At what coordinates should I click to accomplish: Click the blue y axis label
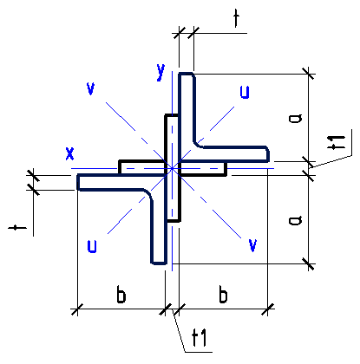click(160, 72)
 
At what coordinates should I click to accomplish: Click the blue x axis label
click(69, 153)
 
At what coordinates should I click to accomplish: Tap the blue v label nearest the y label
click(91, 88)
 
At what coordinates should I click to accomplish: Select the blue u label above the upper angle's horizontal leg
click(245, 93)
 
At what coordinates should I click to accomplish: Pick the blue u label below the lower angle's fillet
click(92, 246)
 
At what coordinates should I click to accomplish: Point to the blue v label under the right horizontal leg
click(252, 245)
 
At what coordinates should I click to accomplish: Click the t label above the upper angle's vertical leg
click(237, 18)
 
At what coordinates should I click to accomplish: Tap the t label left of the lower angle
click(17, 228)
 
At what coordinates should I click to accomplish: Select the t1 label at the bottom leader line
click(200, 338)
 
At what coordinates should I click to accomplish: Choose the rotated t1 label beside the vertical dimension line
click(337, 143)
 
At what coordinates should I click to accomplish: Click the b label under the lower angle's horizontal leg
click(121, 294)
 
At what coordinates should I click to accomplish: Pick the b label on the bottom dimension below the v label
click(223, 294)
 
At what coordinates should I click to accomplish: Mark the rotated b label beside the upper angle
click(295, 118)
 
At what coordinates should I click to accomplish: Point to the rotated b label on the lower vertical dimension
click(295, 220)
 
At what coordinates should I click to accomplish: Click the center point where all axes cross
click(172, 168)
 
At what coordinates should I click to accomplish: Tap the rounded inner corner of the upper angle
click(198, 144)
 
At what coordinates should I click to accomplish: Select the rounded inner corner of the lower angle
click(147, 193)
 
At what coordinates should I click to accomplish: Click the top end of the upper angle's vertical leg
click(187, 74)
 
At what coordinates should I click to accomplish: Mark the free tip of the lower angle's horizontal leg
click(78, 182)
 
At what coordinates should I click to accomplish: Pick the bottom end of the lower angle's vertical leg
click(159, 263)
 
